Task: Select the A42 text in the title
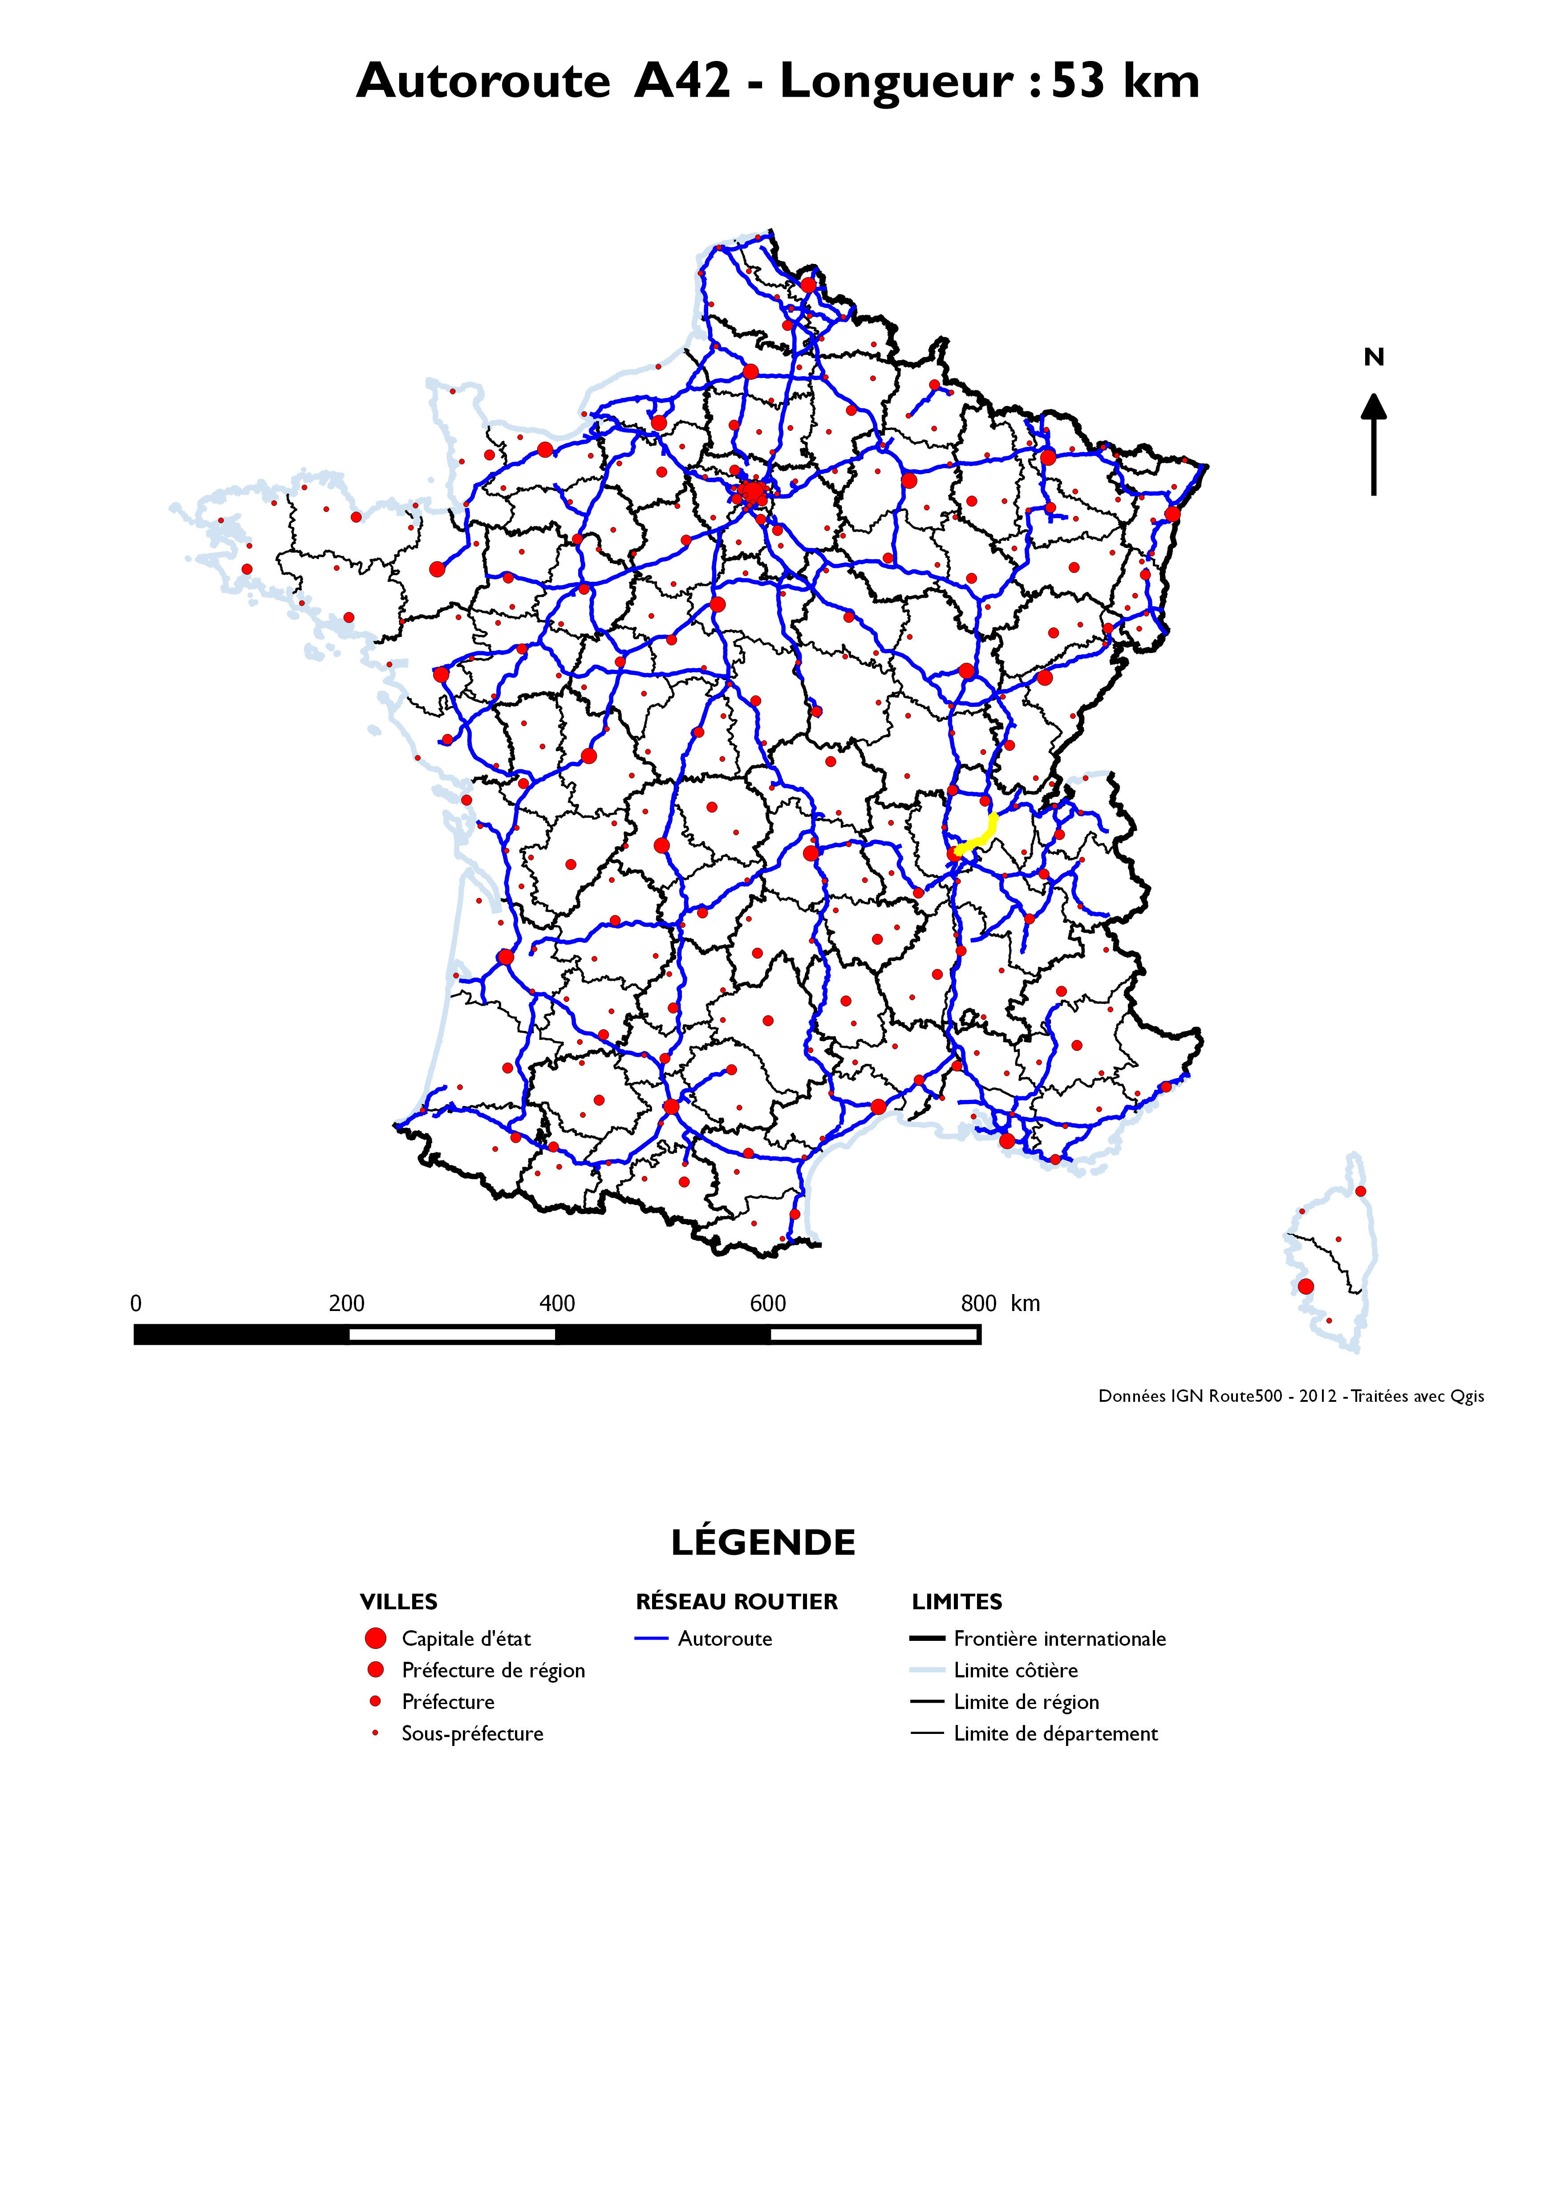tap(682, 81)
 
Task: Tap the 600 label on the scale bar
tap(767, 1303)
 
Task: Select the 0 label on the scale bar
tap(136, 1303)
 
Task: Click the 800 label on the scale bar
tap(978, 1303)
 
